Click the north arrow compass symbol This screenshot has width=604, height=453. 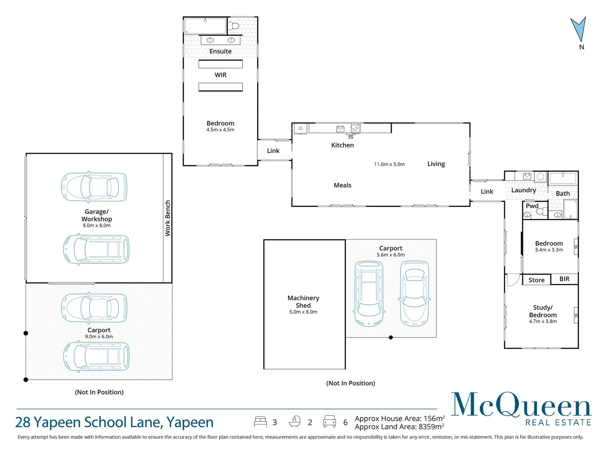point(579,30)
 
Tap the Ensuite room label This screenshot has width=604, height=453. point(220,52)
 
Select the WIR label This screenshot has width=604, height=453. point(220,75)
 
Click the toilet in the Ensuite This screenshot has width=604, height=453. point(234,26)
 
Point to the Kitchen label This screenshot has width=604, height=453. point(343,145)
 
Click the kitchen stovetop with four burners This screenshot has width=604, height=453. point(355,128)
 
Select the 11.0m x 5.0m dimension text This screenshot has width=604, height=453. point(389,164)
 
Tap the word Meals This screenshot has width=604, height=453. point(343,185)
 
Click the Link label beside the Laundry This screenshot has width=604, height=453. point(487,192)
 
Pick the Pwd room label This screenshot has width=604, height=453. point(532,206)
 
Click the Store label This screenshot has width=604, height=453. point(536,280)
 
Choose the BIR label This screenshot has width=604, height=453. point(564,279)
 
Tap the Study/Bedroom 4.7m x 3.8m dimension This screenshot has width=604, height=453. point(543,321)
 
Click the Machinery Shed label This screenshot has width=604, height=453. point(303,302)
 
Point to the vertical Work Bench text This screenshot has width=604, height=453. point(167,218)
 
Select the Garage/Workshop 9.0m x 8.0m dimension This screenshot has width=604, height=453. point(97,225)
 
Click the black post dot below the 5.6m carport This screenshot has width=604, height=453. point(391,338)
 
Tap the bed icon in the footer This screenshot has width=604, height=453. point(260,422)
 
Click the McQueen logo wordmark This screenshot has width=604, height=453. point(521,405)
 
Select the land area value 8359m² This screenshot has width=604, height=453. point(431,427)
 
